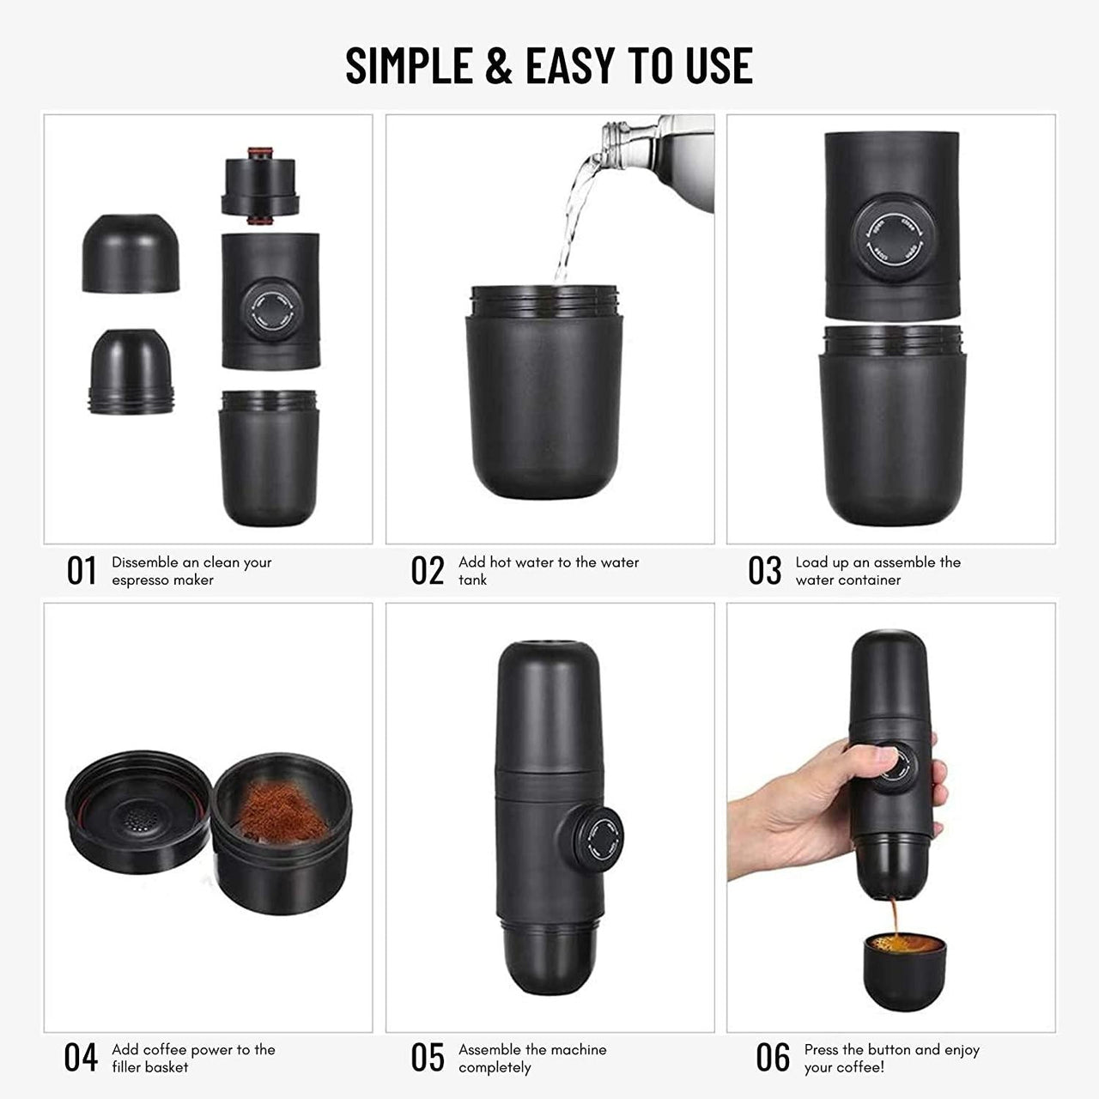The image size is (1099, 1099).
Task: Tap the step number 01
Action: [82, 571]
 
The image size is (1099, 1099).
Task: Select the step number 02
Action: [428, 571]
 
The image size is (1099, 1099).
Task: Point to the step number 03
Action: [764, 571]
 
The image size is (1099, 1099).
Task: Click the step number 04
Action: [82, 1058]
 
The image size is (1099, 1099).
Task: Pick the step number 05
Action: [428, 1058]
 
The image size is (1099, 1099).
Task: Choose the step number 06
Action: [773, 1058]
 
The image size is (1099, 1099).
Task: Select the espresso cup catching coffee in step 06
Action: [904, 969]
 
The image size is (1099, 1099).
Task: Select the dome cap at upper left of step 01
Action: [131, 253]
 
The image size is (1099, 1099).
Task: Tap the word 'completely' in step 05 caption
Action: [495, 1067]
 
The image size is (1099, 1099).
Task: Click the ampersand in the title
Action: [498, 65]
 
